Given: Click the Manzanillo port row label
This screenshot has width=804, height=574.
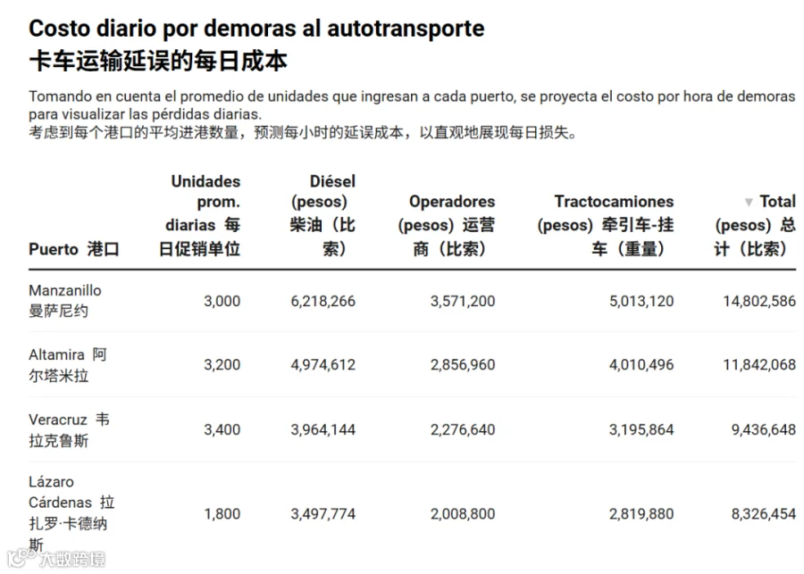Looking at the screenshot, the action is [65, 301].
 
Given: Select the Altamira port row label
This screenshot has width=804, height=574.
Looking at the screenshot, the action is [68, 365].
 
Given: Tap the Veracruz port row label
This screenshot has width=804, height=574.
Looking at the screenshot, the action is [69, 430].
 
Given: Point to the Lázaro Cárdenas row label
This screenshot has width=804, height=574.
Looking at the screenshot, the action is [71, 513].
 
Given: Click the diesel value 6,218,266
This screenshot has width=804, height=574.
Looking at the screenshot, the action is [323, 302].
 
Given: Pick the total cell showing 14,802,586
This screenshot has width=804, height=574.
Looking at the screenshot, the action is [759, 302].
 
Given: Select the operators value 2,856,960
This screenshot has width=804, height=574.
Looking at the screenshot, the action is [463, 365].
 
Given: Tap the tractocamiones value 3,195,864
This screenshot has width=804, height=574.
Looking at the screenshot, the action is [641, 430].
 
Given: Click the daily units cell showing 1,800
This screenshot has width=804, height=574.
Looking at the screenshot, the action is [222, 514].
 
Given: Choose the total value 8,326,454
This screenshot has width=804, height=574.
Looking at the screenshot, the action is [764, 514].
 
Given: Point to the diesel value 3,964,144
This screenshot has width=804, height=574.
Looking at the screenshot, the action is [323, 430].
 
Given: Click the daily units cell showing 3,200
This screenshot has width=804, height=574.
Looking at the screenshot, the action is [222, 365].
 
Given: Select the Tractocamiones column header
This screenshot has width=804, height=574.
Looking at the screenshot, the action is [606, 225].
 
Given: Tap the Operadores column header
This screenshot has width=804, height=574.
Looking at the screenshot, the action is [447, 225].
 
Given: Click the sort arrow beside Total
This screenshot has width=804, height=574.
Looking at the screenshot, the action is [749, 202].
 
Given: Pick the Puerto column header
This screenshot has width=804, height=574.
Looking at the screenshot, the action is [74, 249].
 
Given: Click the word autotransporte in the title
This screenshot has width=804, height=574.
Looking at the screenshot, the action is [406, 29].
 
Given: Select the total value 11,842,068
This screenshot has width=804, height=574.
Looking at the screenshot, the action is [759, 365].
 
